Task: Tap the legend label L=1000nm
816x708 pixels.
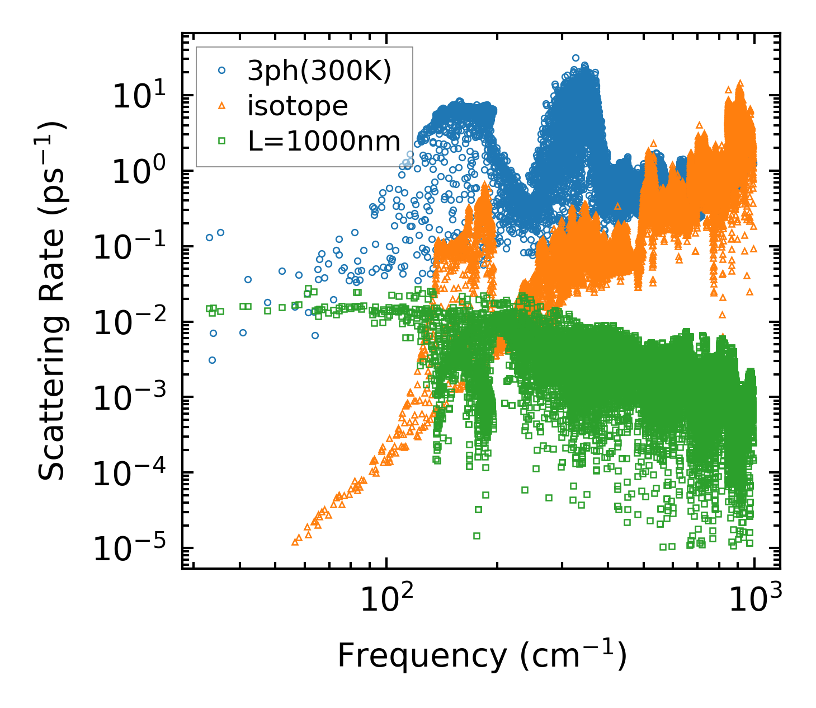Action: click(x=324, y=141)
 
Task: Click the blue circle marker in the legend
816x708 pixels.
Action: click(x=222, y=71)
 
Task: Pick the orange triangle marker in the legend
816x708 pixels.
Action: click(x=222, y=105)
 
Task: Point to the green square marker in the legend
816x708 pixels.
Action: click(x=222, y=141)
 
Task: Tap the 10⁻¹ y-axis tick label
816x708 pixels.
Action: click(x=132, y=247)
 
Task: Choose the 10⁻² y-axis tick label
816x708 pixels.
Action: click(x=132, y=322)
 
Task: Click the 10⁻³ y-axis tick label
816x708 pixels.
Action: click(x=132, y=398)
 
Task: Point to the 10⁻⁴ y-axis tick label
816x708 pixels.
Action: click(x=132, y=473)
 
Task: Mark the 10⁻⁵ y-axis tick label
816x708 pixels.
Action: click(x=132, y=548)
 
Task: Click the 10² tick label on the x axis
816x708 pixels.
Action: click(x=386, y=600)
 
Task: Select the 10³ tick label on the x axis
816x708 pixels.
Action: click(x=755, y=600)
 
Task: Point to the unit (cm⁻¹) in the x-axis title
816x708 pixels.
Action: click(x=573, y=655)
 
